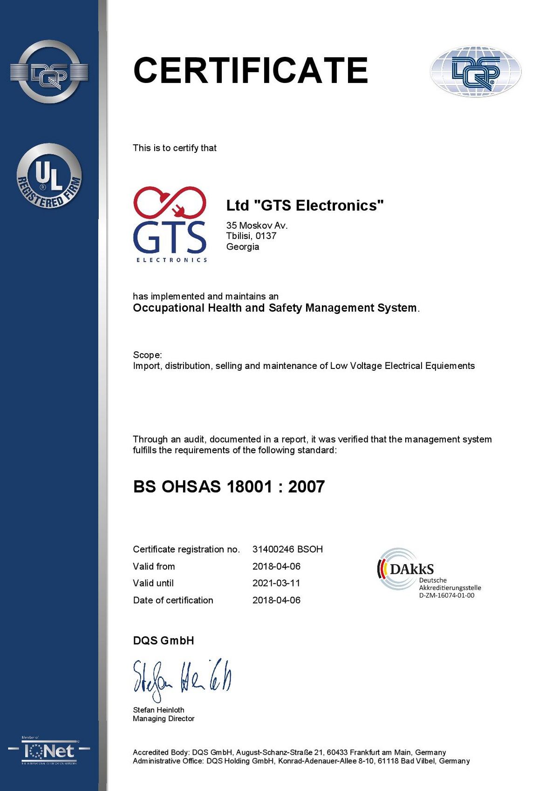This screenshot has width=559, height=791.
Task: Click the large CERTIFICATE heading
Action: pos(251,70)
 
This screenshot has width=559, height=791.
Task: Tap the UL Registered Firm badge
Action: pos(49,176)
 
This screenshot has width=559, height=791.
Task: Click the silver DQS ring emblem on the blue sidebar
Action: pos(49,72)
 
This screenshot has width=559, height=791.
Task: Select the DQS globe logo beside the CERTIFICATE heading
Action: pos(476,71)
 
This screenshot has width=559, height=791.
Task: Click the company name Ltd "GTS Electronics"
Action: pos(305,205)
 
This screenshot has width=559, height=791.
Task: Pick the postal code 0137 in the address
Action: pos(266,236)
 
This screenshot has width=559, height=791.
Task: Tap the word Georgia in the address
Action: pos(243,246)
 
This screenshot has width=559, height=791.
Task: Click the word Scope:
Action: pos(147,355)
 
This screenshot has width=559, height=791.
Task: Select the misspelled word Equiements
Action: pos(450,366)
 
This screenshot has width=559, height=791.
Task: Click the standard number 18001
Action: pos(249,486)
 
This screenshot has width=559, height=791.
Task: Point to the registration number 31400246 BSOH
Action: pos(287,549)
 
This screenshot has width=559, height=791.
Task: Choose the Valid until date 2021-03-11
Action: pos(276,583)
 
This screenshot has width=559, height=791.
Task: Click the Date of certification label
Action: pos(173,600)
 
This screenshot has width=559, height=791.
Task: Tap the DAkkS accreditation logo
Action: pos(405,569)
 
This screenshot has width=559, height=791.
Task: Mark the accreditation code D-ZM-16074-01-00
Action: pos(446,595)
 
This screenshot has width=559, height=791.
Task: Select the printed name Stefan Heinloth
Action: pos(158,710)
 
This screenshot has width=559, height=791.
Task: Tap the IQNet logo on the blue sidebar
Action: pos(49,751)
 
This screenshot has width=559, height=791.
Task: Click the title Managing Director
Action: pos(164,719)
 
